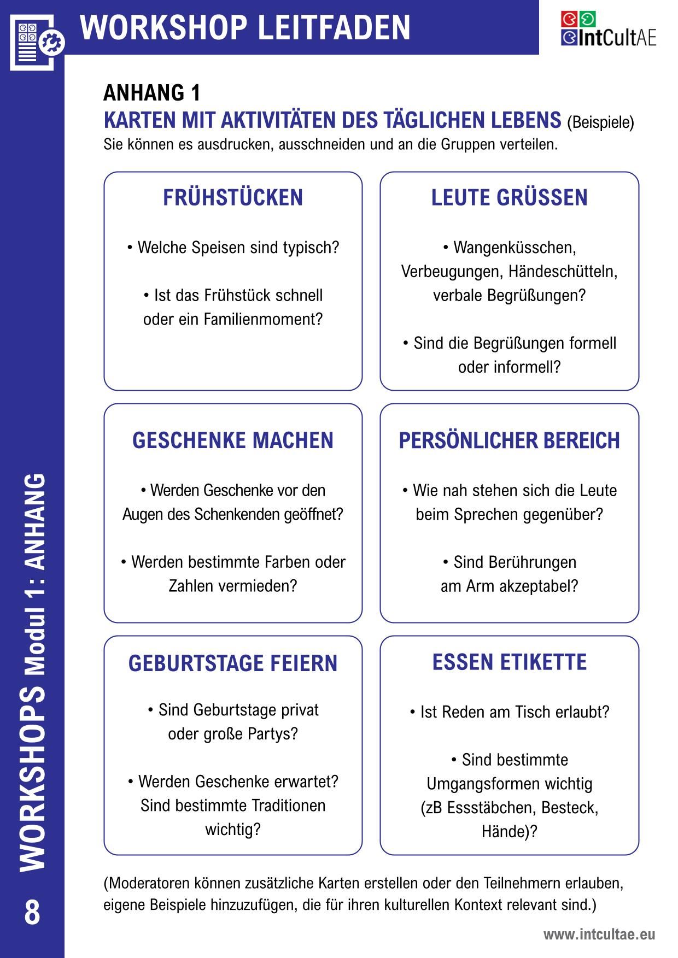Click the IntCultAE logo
coord(608,30)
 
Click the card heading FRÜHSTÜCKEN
coord(233,198)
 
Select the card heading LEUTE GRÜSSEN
coord(509,198)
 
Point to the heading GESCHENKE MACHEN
coord(233,440)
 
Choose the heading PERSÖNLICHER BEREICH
coord(509,440)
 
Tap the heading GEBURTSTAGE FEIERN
coord(233,663)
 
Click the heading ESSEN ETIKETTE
coord(509,662)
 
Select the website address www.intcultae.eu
coord(599,935)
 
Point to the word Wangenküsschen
coord(515,248)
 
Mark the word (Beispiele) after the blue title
coord(600,122)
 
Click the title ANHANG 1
coord(152,93)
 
